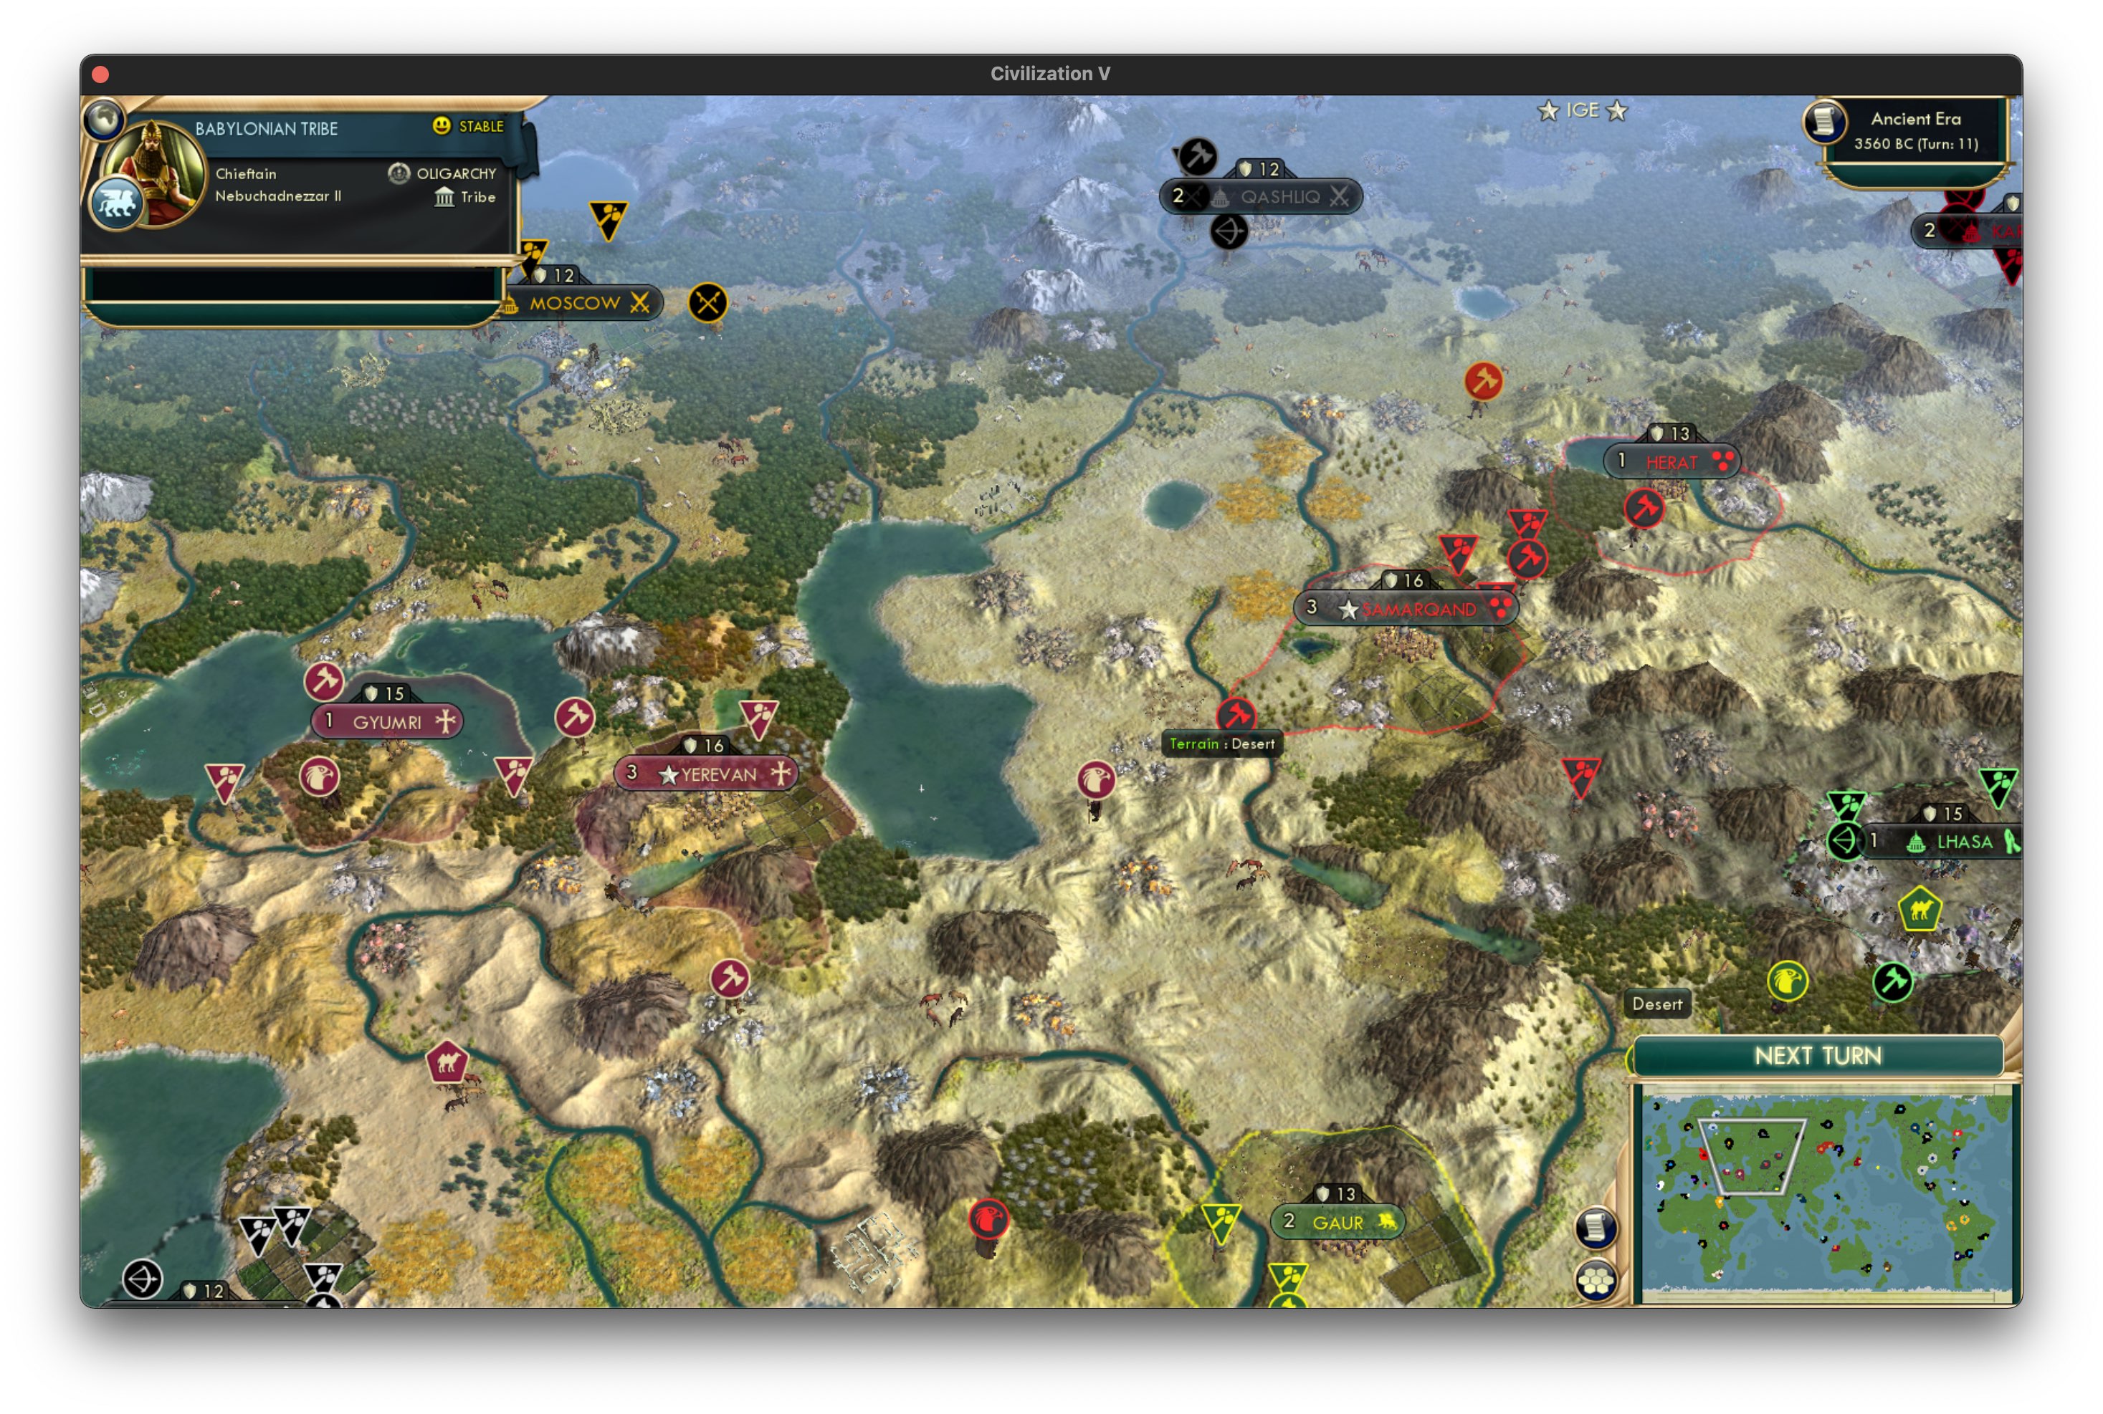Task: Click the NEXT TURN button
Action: pyautogui.click(x=1817, y=1055)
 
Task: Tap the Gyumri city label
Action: pyautogui.click(x=387, y=721)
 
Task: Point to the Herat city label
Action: pyautogui.click(x=1671, y=462)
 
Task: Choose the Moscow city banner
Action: pyautogui.click(x=576, y=303)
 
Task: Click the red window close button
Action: pyautogui.click(x=101, y=74)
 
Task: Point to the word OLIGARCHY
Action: pyautogui.click(x=456, y=173)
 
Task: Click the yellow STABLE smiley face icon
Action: pyautogui.click(x=441, y=125)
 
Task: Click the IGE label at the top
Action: pyautogui.click(x=1583, y=110)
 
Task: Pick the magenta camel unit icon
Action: pyautogui.click(x=447, y=1062)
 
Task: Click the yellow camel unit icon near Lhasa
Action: pyautogui.click(x=1919, y=909)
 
